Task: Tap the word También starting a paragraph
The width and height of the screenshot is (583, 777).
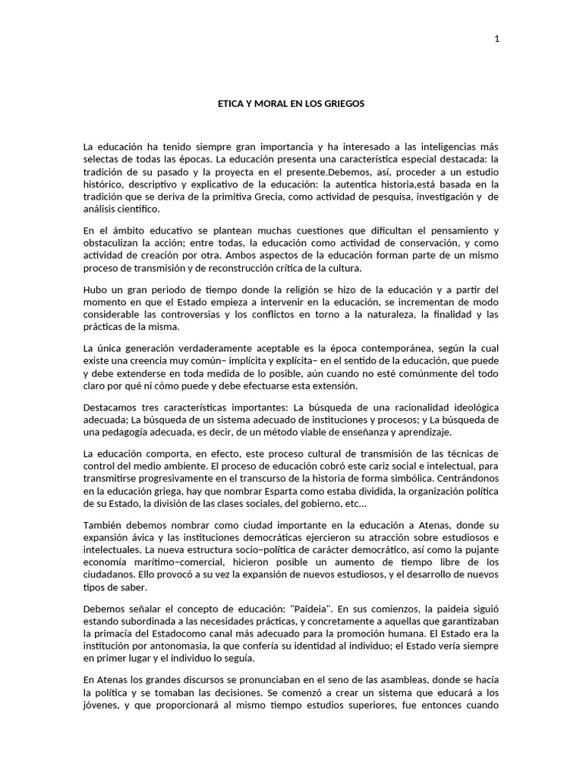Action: point(104,527)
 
